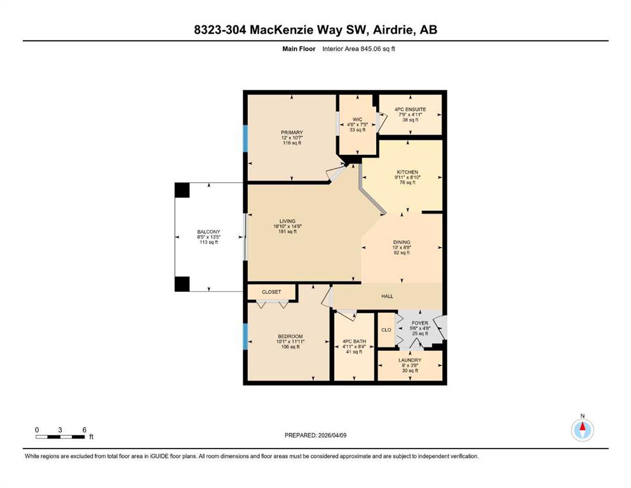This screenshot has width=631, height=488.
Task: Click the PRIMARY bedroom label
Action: click(x=292, y=132)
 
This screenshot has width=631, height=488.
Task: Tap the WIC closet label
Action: click(x=357, y=119)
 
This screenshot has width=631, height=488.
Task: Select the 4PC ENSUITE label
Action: click(x=410, y=109)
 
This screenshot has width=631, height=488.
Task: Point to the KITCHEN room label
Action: click(x=407, y=172)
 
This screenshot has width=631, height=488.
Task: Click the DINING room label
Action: click(x=402, y=242)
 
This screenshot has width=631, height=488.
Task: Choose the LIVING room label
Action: click(x=287, y=221)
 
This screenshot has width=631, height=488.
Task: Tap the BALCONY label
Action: click(x=208, y=232)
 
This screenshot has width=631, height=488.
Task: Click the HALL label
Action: click(x=387, y=296)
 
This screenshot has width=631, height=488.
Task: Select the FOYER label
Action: click(x=420, y=323)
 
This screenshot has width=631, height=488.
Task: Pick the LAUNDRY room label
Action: click(x=410, y=360)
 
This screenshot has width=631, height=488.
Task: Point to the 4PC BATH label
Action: click(x=354, y=341)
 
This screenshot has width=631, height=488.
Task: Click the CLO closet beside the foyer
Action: click(x=386, y=330)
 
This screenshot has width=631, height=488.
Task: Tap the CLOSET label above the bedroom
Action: click(x=271, y=292)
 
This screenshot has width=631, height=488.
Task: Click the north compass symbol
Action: click(x=582, y=430)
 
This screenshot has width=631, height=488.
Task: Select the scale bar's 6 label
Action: click(x=84, y=430)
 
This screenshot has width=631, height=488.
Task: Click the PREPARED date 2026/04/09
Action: click(x=332, y=435)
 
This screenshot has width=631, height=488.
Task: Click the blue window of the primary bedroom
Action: click(x=245, y=139)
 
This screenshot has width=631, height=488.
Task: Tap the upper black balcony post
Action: click(x=182, y=190)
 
